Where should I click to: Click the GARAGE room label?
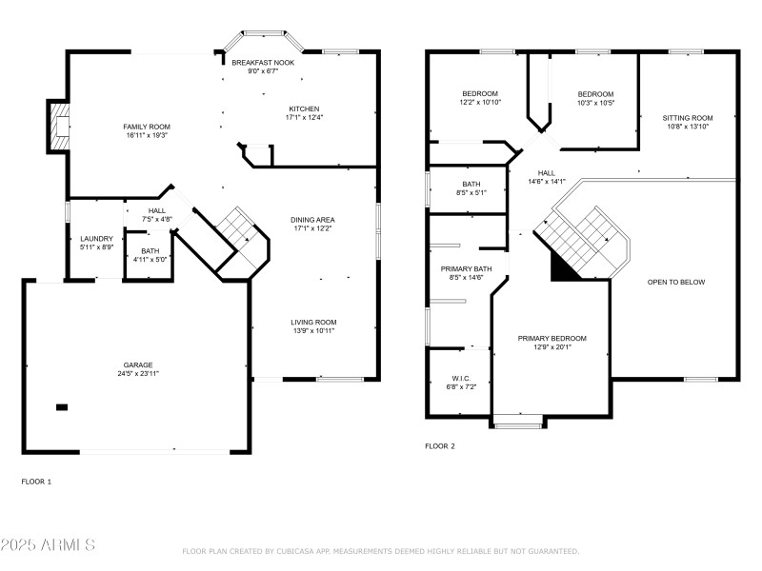click(137, 364)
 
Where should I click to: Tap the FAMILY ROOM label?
click(146, 127)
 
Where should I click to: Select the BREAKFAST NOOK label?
click(262, 62)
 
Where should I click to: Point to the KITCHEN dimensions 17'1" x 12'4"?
click(304, 117)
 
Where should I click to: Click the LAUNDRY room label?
click(96, 239)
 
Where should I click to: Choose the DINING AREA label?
click(312, 220)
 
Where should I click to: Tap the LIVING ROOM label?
click(313, 323)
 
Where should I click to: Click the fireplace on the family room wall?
click(60, 127)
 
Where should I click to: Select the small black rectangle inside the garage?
click(62, 407)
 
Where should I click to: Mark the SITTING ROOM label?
click(687, 118)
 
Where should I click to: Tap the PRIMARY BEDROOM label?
click(551, 339)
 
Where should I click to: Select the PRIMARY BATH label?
click(462, 269)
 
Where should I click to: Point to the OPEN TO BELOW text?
click(676, 283)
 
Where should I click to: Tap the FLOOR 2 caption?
click(439, 445)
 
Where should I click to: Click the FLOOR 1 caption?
click(36, 482)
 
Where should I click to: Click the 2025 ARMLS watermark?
click(48, 545)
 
